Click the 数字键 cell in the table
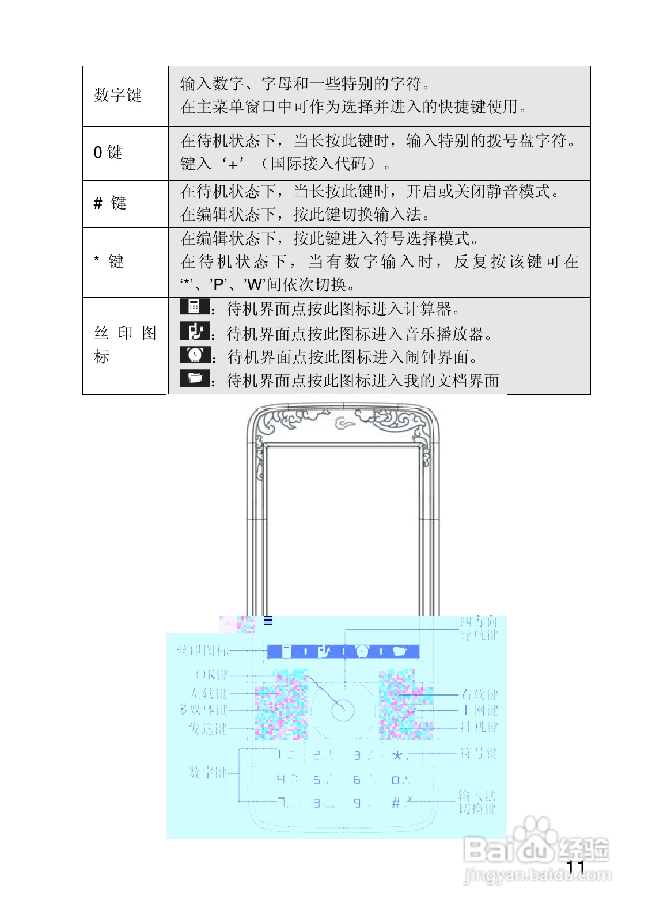point(118,95)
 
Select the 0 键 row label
point(108,153)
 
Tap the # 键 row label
point(110,203)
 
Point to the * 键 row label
point(109,262)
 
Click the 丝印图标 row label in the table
point(124,344)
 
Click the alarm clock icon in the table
point(195,355)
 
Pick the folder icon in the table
point(195,378)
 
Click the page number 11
point(575,867)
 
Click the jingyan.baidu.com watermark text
point(537,876)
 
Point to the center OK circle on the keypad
point(343,710)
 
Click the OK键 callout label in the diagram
point(211,674)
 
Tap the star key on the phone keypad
point(397,755)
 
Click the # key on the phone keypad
point(396,803)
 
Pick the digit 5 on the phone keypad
point(317,780)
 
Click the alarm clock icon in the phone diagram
point(362,651)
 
